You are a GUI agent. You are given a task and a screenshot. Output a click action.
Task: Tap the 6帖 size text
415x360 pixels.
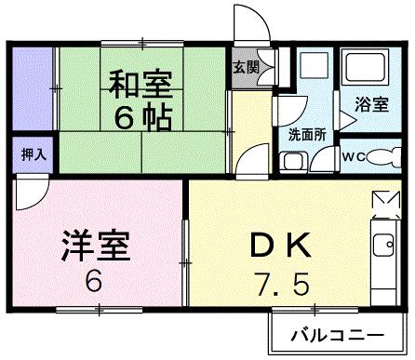(x=141, y=119)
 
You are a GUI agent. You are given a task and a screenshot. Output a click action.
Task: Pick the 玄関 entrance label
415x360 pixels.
(x=245, y=68)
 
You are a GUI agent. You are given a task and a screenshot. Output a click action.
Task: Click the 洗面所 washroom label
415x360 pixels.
(x=306, y=134)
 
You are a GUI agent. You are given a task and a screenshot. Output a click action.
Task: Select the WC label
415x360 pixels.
(x=355, y=155)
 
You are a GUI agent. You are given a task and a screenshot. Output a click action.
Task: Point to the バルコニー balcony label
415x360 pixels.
(x=340, y=333)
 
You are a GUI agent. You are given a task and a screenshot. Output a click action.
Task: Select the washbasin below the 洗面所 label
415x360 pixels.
(x=293, y=161)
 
